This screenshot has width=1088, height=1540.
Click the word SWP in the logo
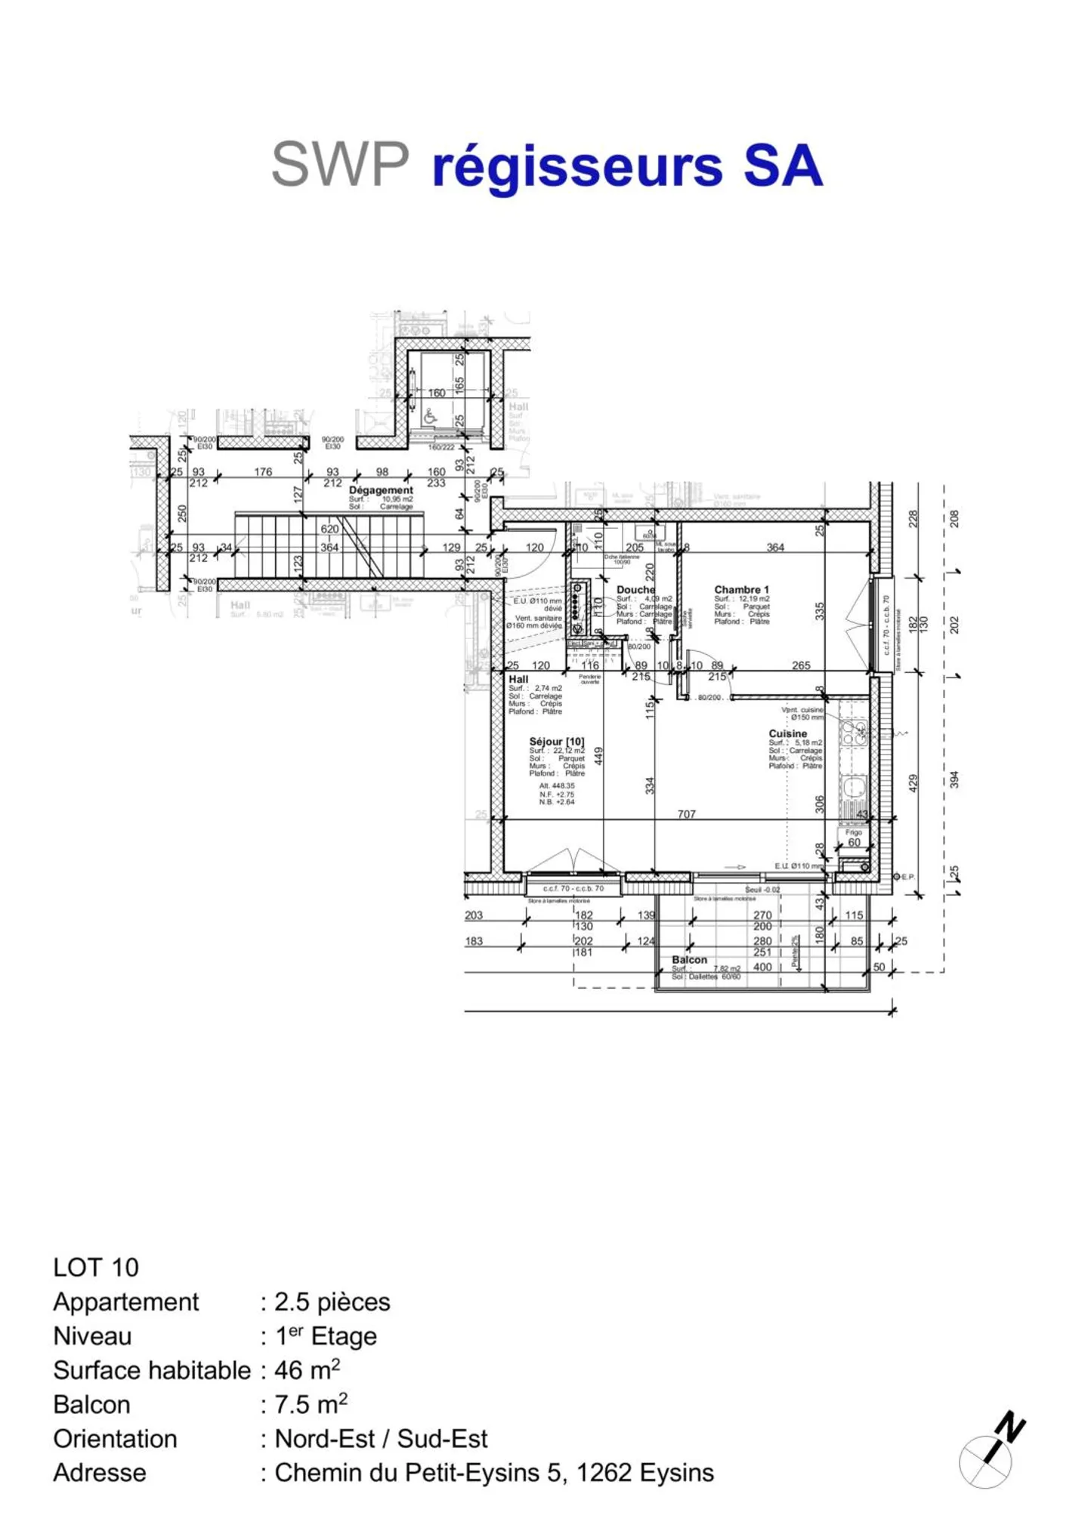[x=340, y=165]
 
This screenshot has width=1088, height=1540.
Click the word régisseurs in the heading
[x=577, y=168]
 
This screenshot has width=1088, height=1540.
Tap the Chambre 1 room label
[x=741, y=589]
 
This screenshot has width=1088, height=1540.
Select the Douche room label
[x=635, y=589]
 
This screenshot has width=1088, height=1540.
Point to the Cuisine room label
[x=787, y=733]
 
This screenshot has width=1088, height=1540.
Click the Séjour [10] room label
[x=556, y=742]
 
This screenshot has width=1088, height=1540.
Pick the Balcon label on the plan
[x=689, y=959]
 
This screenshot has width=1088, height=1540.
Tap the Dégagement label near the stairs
[x=381, y=490]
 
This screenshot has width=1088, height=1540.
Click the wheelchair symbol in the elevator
[x=430, y=415]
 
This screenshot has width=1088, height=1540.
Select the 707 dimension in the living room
[x=686, y=814]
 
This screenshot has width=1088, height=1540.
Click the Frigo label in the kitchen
[x=853, y=832]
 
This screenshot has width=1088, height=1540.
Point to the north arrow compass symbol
[x=991, y=1455]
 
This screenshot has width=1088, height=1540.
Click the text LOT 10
[x=96, y=1267]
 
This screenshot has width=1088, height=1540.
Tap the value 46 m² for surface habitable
[x=307, y=1369]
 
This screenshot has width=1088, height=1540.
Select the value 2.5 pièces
[x=332, y=1301]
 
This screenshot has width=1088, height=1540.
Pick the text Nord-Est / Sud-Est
[x=381, y=1438]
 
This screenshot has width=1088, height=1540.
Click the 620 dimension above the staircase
[x=329, y=529]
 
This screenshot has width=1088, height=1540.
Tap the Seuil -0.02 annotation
[x=762, y=890]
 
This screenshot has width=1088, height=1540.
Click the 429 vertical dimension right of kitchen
[x=913, y=782]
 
